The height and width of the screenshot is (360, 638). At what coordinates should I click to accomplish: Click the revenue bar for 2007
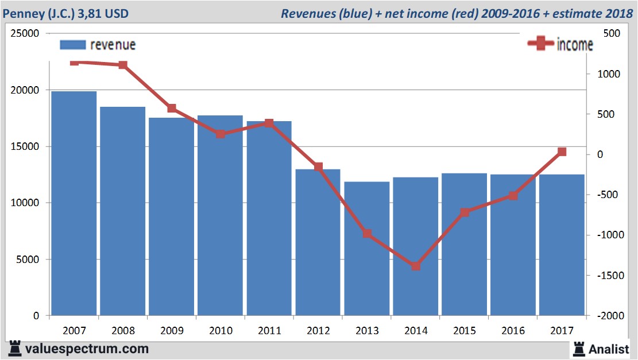pos(74,203)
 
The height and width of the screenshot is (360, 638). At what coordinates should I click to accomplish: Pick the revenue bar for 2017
pos(562,245)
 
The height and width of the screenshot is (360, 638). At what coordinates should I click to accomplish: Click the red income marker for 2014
pos(416,266)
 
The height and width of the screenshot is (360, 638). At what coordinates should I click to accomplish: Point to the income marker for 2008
pos(123,65)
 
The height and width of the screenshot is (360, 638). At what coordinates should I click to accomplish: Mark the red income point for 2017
pos(562,152)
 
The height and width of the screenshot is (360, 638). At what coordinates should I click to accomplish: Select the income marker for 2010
pos(221,134)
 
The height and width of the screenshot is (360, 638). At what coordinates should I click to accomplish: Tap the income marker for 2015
pos(465,212)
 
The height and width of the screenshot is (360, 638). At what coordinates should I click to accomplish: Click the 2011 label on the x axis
pos(269,331)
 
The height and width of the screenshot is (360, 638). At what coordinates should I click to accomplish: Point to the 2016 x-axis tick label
pos(513,331)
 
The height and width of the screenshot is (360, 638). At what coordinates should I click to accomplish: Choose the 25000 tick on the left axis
pos(25,34)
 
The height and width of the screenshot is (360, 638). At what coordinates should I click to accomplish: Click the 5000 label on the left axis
pos(28,260)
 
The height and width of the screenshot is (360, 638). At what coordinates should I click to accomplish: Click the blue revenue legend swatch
pos(72,45)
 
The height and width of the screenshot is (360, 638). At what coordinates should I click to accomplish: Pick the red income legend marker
pos(540,44)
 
